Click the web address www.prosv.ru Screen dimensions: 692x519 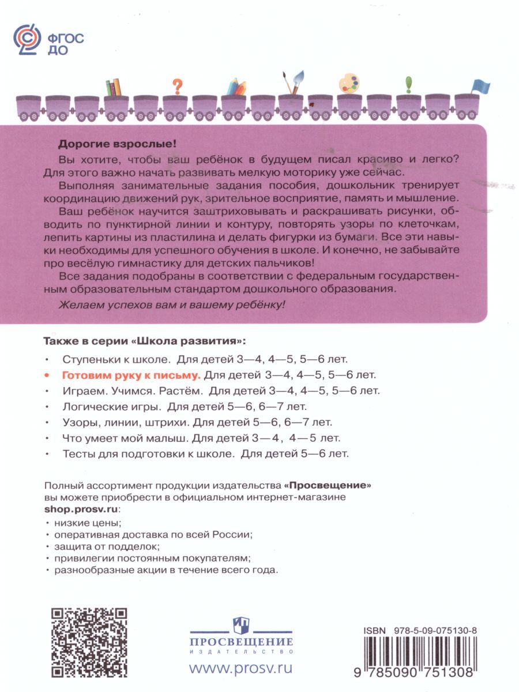tap(241, 669)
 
